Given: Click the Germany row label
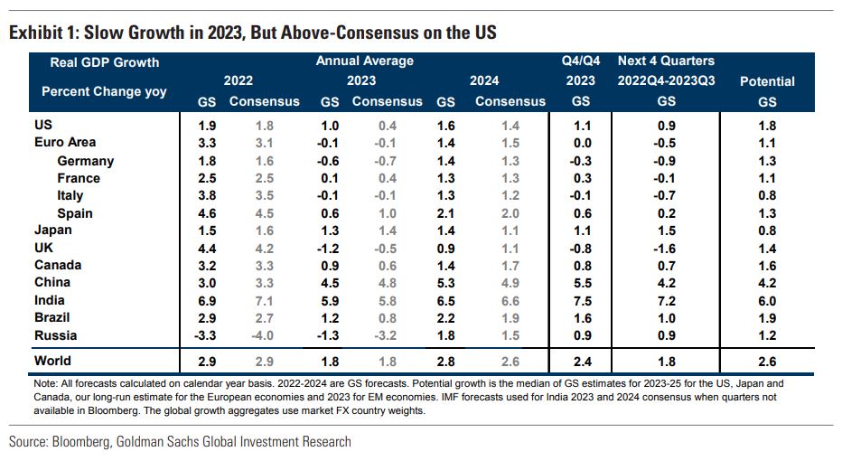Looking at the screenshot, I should [85, 160].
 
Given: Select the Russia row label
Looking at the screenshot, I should [54, 335].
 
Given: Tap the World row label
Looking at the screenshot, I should [51, 361].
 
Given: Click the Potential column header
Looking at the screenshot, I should [767, 81].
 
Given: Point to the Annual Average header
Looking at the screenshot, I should [365, 61].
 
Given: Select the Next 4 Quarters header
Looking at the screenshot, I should [666, 61].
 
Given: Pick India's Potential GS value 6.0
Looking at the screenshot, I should [767, 300].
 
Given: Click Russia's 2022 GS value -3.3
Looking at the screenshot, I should [207, 335].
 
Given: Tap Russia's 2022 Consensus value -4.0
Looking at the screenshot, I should [264, 335].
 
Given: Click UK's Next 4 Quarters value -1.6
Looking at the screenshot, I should [666, 248].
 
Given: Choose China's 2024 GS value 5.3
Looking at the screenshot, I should [445, 283].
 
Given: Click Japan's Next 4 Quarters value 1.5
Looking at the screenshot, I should [666, 230].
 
